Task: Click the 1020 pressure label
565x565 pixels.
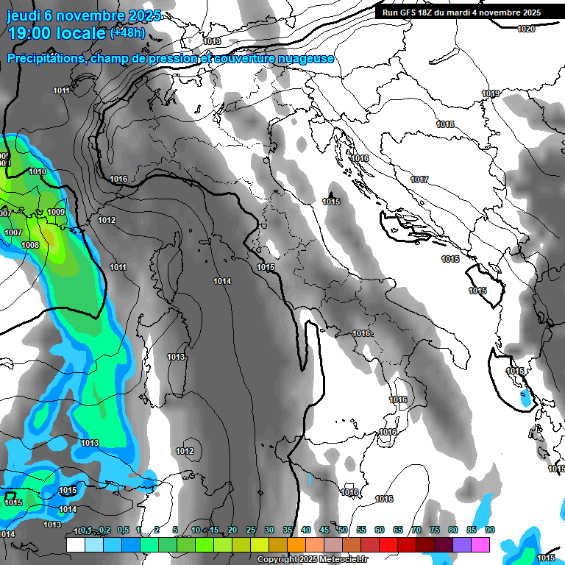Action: coord(525,29)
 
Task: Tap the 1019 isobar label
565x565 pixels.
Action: coord(491,93)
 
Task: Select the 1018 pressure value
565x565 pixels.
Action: coord(445,124)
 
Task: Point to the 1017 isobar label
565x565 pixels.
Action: coord(419,180)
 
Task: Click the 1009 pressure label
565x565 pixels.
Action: coord(56,212)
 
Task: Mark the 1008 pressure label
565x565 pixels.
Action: coord(30,245)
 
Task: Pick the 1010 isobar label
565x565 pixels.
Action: coord(38,171)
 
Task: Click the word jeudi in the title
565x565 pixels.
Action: coord(24,15)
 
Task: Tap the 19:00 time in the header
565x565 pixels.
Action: coord(29,33)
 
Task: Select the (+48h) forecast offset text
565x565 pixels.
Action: coord(127,33)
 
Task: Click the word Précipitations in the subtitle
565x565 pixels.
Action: coord(45,58)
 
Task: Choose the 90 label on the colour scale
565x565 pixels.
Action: coord(490,530)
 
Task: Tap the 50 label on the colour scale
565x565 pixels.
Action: coord(343,530)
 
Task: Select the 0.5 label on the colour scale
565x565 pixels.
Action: coord(123,530)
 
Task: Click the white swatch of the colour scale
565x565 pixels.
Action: coord(75,544)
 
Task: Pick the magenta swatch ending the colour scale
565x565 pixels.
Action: coord(480,544)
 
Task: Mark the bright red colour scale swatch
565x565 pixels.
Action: coord(388,544)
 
